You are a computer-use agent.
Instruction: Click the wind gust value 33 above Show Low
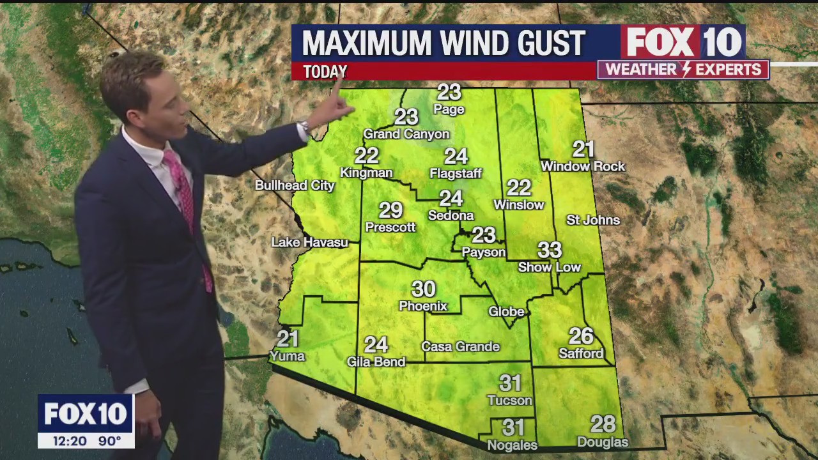pyautogui.click(x=550, y=250)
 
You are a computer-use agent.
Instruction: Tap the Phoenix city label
pyautogui.click(x=423, y=306)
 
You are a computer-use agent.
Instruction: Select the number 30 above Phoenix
pyautogui.click(x=423, y=289)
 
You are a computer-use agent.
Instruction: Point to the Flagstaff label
pyautogui.click(x=456, y=173)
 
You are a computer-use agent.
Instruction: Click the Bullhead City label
pyautogui.click(x=295, y=185)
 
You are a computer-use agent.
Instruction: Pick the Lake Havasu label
pyautogui.click(x=309, y=242)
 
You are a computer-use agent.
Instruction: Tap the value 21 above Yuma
pyautogui.click(x=288, y=339)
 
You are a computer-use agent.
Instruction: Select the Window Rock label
pyautogui.click(x=583, y=166)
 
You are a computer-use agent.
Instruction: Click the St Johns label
pyautogui.click(x=593, y=220)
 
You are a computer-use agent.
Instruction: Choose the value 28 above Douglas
pyautogui.click(x=603, y=424)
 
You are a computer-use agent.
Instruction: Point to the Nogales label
pyautogui.click(x=513, y=445)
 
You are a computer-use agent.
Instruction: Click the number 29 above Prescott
pyautogui.click(x=390, y=210)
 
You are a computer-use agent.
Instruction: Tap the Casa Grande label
pyautogui.click(x=460, y=346)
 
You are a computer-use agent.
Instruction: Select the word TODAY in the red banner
pyautogui.click(x=325, y=72)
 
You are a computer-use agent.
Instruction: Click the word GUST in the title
pyautogui.click(x=550, y=43)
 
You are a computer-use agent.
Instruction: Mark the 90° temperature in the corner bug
pyautogui.click(x=110, y=440)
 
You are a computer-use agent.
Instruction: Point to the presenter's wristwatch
pyautogui.click(x=305, y=127)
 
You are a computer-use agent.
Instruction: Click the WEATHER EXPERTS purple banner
pyautogui.click(x=683, y=69)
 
